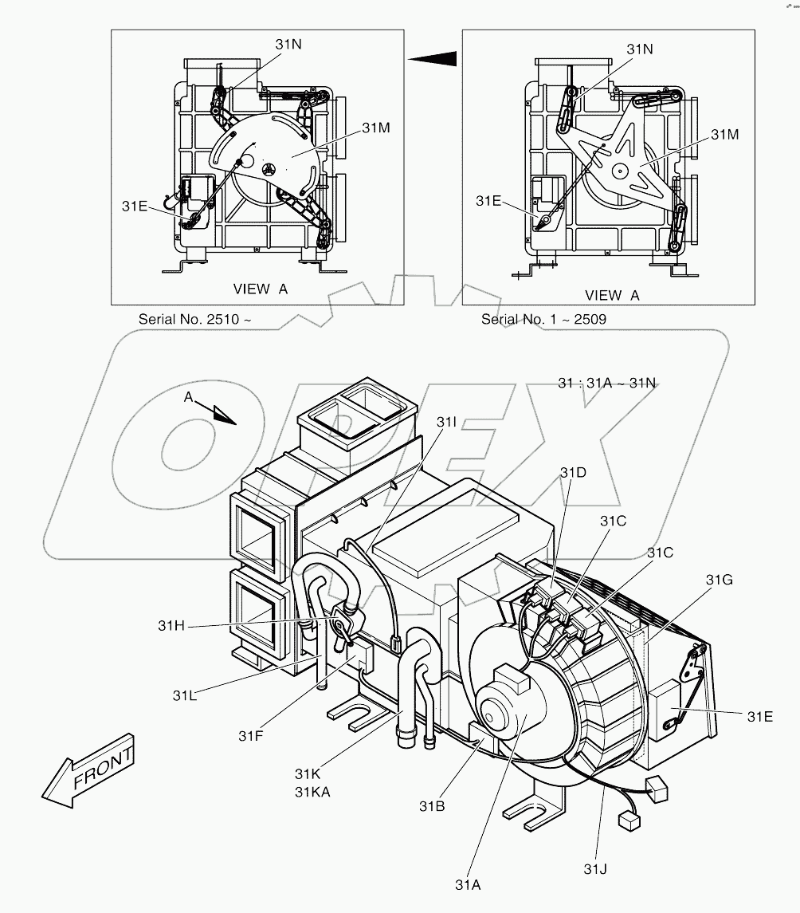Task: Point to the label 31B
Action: (x=432, y=805)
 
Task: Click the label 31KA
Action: (x=312, y=791)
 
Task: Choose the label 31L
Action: (x=185, y=695)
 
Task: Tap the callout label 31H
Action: (x=171, y=626)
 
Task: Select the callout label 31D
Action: (x=572, y=473)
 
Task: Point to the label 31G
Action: (x=720, y=580)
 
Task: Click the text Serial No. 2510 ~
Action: (x=195, y=319)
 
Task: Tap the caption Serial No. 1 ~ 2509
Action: (x=544, y=319)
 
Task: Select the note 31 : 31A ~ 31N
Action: (x=606, y=383)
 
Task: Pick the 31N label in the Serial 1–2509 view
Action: (x=639, y=49)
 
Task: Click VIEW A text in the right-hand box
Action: (x=612, y=295)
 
